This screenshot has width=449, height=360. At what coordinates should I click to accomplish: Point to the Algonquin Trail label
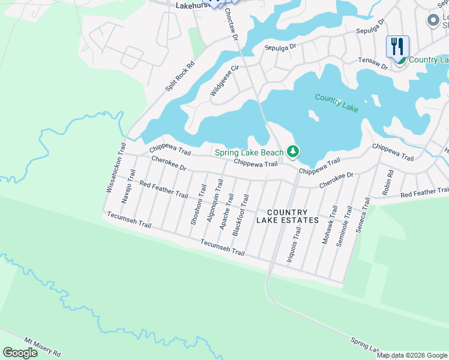211,200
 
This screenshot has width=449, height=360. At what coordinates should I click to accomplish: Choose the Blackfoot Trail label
241,211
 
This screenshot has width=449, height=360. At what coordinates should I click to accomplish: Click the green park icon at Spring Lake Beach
292,152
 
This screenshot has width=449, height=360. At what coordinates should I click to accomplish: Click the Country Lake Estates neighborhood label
288,216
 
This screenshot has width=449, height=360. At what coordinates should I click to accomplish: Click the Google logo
20,353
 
